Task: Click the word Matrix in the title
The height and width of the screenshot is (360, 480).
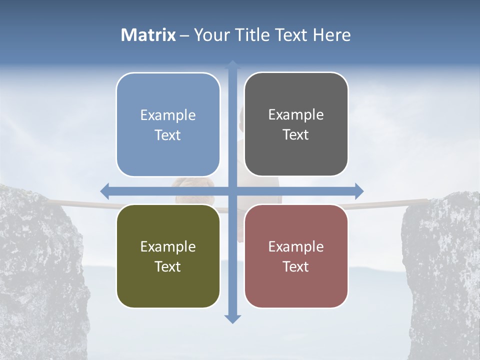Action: point(148,35)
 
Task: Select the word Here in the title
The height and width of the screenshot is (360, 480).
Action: point(331,35)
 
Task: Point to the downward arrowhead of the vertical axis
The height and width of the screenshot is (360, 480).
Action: point(232,318)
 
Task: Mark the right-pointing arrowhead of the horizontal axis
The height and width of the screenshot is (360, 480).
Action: point(358,191)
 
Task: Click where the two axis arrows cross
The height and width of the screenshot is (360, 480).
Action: point(232,191)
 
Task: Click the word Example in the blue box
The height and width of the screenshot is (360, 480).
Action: point(168,115)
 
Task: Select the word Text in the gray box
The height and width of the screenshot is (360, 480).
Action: point(296,135)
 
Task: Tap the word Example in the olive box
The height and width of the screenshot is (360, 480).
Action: point(168,246)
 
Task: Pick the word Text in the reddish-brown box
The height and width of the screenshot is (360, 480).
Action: point(296,266)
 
